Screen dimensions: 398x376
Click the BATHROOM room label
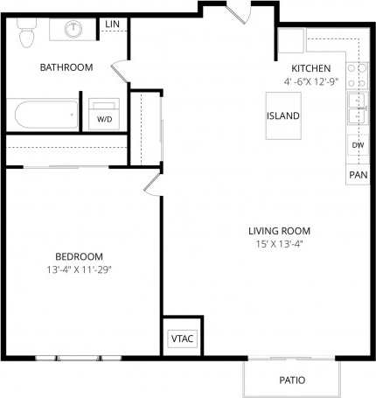[x=66, y=67]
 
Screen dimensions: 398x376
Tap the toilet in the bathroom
[x=26, y=34]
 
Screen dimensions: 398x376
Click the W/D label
[x=104, y=118]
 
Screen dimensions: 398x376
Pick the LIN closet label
[x=113, y=24]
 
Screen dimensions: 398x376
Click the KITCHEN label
[x=311, y=68]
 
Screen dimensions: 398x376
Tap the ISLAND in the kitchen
[x=283, y=115]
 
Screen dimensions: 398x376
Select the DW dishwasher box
[x=358, y=145]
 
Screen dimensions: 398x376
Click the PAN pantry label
[x=358, y=175]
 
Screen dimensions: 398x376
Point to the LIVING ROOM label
[x=278, y=231]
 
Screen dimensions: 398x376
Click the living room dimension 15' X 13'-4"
[x=278, y=244]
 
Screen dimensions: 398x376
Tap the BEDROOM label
[x=79, y=256]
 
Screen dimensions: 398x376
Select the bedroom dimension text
[x=79, y=269]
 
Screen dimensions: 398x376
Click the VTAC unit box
[x=180, y=337]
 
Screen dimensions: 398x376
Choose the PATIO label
[x=291, y=381]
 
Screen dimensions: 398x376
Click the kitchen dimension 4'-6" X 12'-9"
[x=311, y=81]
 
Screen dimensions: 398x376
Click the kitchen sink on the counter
[x=357, y=108]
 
